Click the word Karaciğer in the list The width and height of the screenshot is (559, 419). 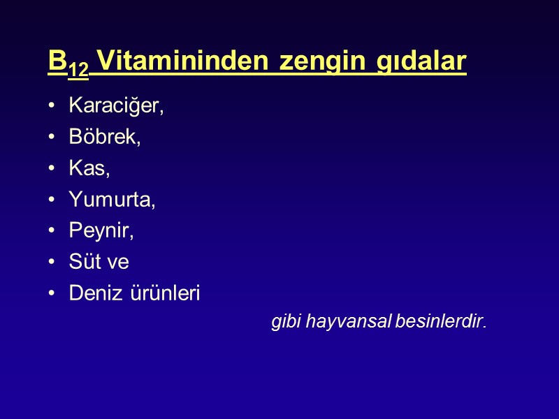click(115, 106)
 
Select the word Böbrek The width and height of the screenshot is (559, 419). click(104, 138)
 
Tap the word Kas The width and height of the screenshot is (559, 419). click(89, 168)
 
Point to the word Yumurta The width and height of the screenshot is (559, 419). click(111, 200)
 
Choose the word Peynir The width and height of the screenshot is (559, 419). click(101, 231)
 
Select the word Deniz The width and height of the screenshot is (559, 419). click(92, 293)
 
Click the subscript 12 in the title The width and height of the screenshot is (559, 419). click(78, 68)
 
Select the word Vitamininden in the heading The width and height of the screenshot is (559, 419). click(184, 61)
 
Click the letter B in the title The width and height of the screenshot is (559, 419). click(57, 61)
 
